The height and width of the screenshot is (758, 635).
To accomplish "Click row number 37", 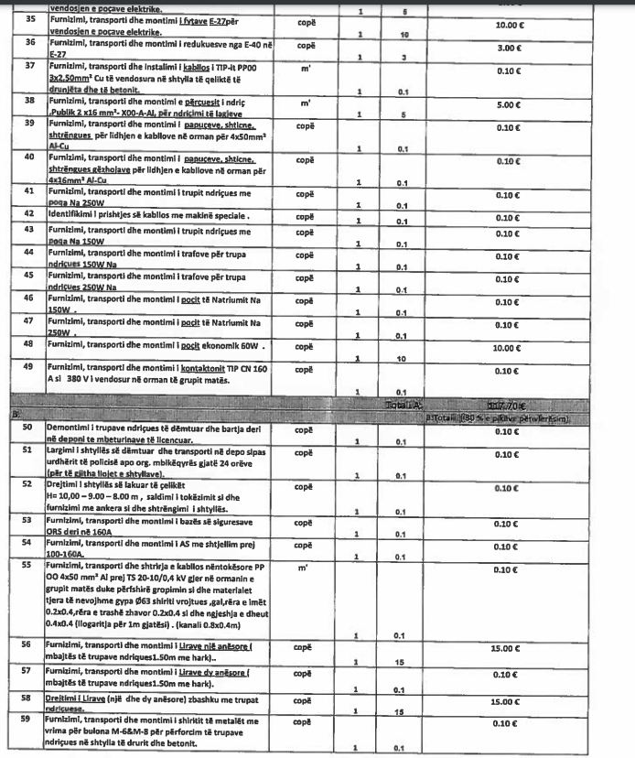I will tap(29, 66).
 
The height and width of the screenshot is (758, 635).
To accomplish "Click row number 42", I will tap(29, 213).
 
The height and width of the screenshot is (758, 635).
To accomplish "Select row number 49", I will tap(29, 367).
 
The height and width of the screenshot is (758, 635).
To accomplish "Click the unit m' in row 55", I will tap(302, 568).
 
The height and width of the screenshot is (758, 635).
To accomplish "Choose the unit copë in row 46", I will tap(307, 298).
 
